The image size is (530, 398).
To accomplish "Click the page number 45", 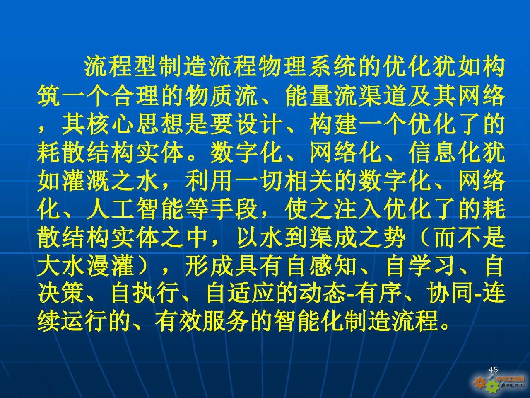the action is pos(493,370).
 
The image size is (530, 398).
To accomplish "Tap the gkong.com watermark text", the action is pos(512,385).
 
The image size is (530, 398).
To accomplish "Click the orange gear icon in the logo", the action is pos(479,383).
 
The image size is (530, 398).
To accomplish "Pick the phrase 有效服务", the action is pos(202,323).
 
